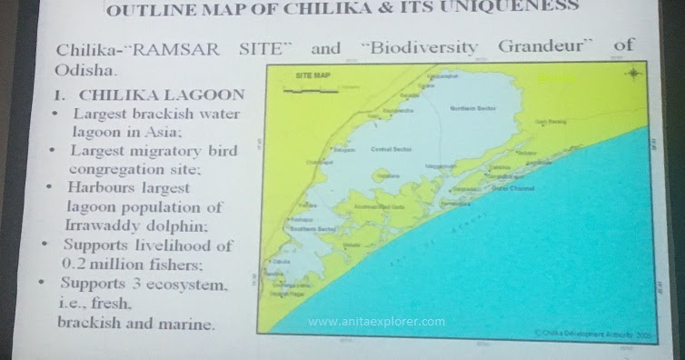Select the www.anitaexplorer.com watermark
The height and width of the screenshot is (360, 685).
pyautogui.click(x=376, y=322)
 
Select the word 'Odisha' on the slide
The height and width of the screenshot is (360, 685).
pyautogui.click(x=85, y=68)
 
